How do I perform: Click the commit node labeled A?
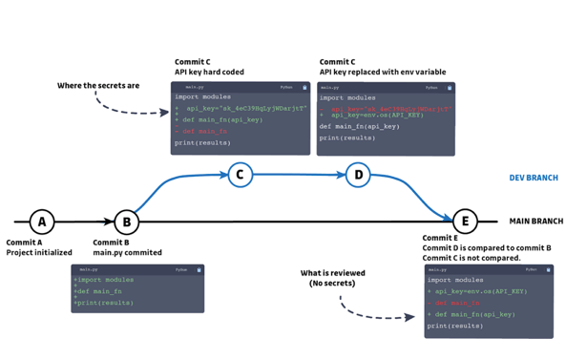coord(41,222)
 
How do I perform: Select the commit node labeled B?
coord(126,222)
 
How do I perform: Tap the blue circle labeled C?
coord(241,175)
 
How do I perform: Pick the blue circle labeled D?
coord(358,175)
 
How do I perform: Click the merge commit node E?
coord(465,222)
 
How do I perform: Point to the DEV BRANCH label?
coord(535,178)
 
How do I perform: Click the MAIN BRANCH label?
coord(535,222)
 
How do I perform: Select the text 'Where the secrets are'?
coord(98,86)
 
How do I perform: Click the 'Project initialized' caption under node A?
coord(39,253)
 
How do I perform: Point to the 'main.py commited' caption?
coord(127,253)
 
